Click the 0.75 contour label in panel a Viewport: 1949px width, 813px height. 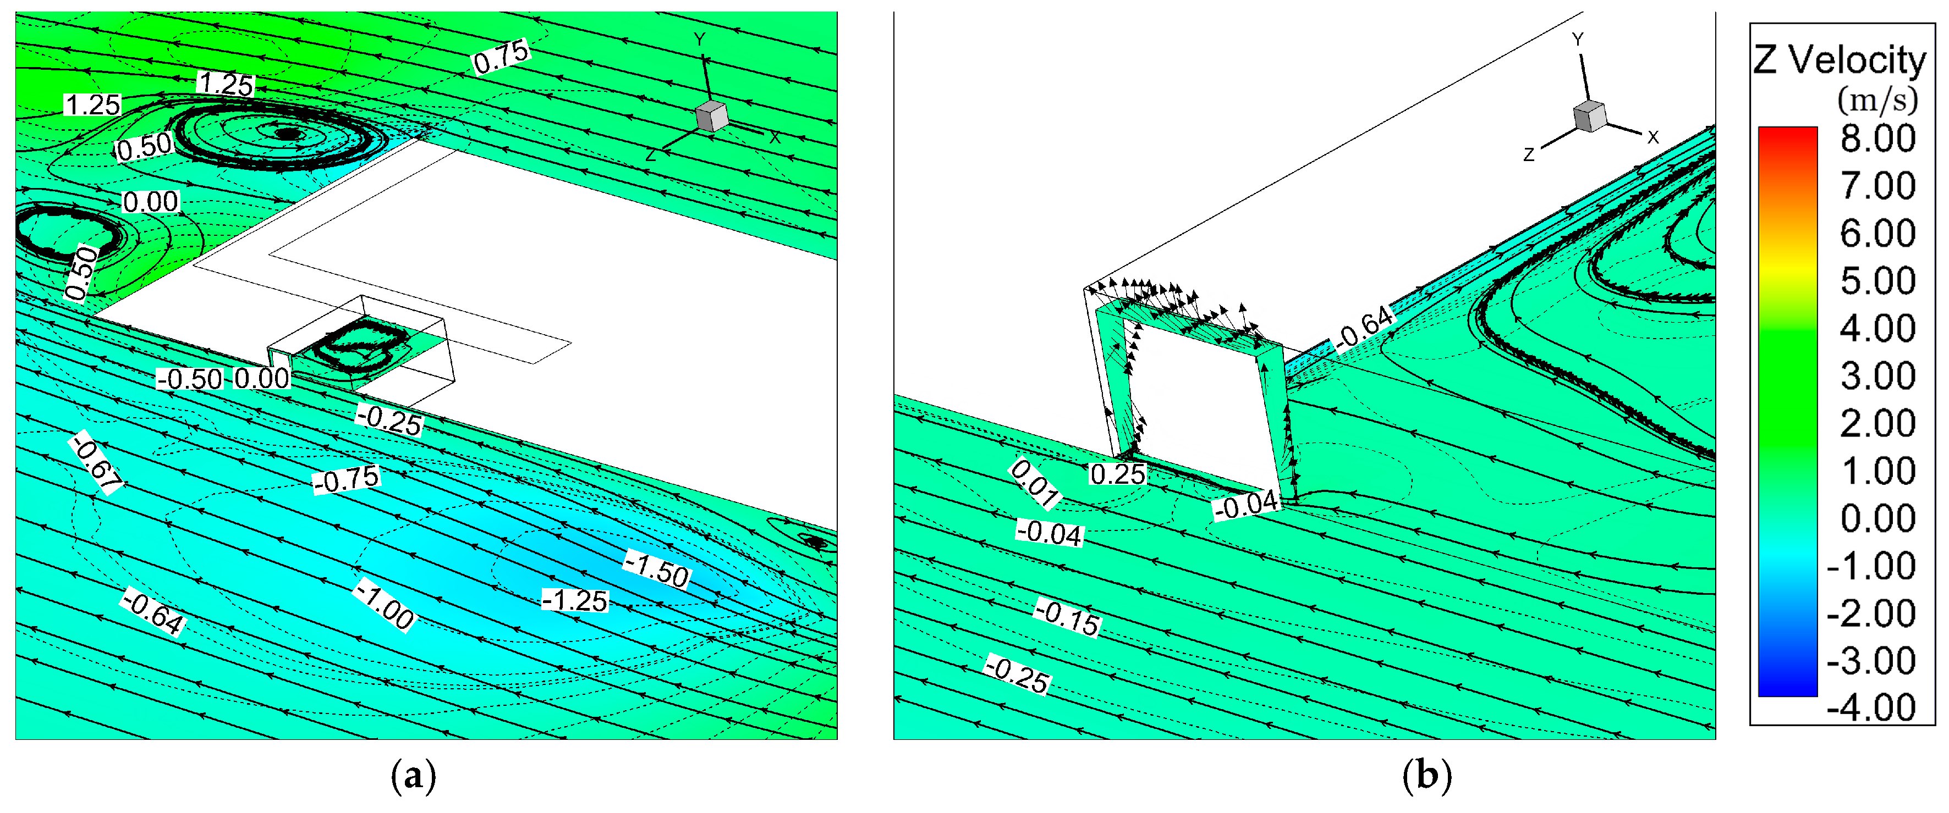(x=502, y=57)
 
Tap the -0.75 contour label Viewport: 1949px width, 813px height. (x=347, y=479)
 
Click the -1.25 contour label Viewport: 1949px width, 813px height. (x=575, y=600)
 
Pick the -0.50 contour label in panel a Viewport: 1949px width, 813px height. (x=190, y=379)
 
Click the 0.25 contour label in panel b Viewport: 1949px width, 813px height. (x=1117, y=474)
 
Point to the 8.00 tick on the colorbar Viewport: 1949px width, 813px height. (x=1878, y=139)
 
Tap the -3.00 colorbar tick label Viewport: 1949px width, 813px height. (x=1871, y=661)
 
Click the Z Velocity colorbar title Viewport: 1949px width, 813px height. (x=1840, y=60)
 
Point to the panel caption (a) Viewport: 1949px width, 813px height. (x=413, y=777)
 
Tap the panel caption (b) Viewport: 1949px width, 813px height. (x=1427, y=777)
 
